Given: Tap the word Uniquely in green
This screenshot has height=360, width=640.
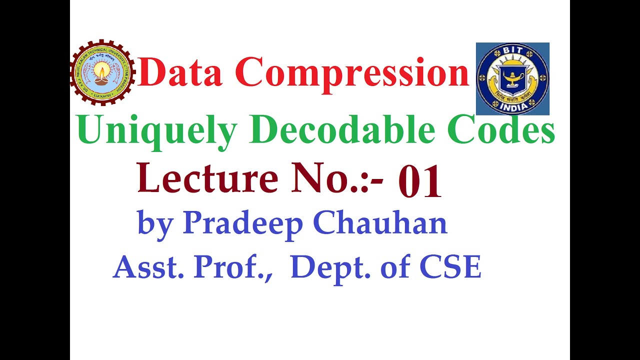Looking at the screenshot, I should [157, 131].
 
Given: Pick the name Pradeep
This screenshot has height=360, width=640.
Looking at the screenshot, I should [243, 223].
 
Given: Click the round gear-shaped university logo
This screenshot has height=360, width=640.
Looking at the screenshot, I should [102, 73].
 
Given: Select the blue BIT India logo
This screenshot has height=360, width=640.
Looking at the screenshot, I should [512, 78].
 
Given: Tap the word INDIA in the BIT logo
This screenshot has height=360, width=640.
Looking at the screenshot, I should [512, 107].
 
